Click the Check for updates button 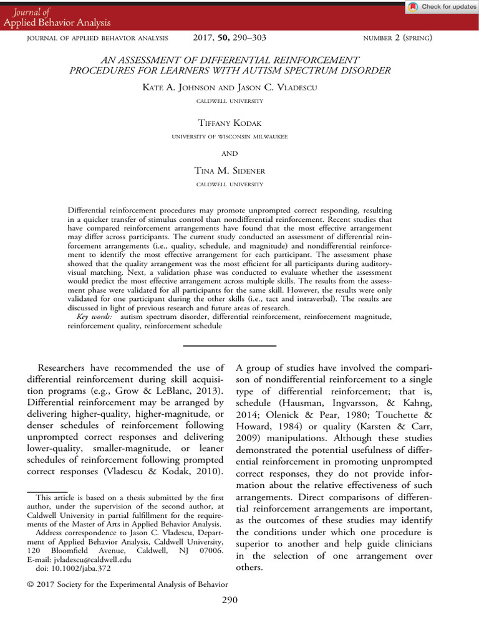pos(441,7)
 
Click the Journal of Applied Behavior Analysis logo pos(57,17)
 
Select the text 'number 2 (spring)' pos(397,39)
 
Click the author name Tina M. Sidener pos(229,171)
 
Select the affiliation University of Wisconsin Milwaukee pos(229,136)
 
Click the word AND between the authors pos(229,153)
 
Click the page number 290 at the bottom pos(229,600)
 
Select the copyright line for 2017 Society pos(127,584)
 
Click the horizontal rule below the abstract pos(229,345)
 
